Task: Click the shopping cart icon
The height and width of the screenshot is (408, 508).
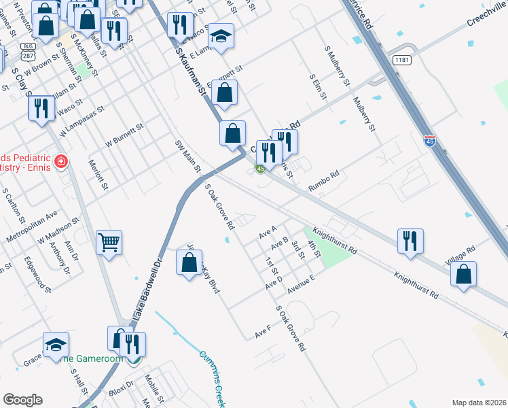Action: (109, 242)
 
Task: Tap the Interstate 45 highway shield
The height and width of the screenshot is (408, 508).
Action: (429, 141)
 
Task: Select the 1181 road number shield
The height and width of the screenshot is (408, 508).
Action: (403, 60)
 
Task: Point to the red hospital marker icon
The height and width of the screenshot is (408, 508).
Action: (61, 162)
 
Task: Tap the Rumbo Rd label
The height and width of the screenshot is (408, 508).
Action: (323, 181)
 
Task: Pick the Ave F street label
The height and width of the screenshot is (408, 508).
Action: (263, 332)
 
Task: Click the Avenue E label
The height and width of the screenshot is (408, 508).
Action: (302, 284)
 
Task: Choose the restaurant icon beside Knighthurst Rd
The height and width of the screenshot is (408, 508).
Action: (410, 241)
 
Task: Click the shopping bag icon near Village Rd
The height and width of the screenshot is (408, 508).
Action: (463, 273)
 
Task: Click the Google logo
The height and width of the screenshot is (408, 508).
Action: (22, 399)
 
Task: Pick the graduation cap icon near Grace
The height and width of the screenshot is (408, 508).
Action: (56, 344)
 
